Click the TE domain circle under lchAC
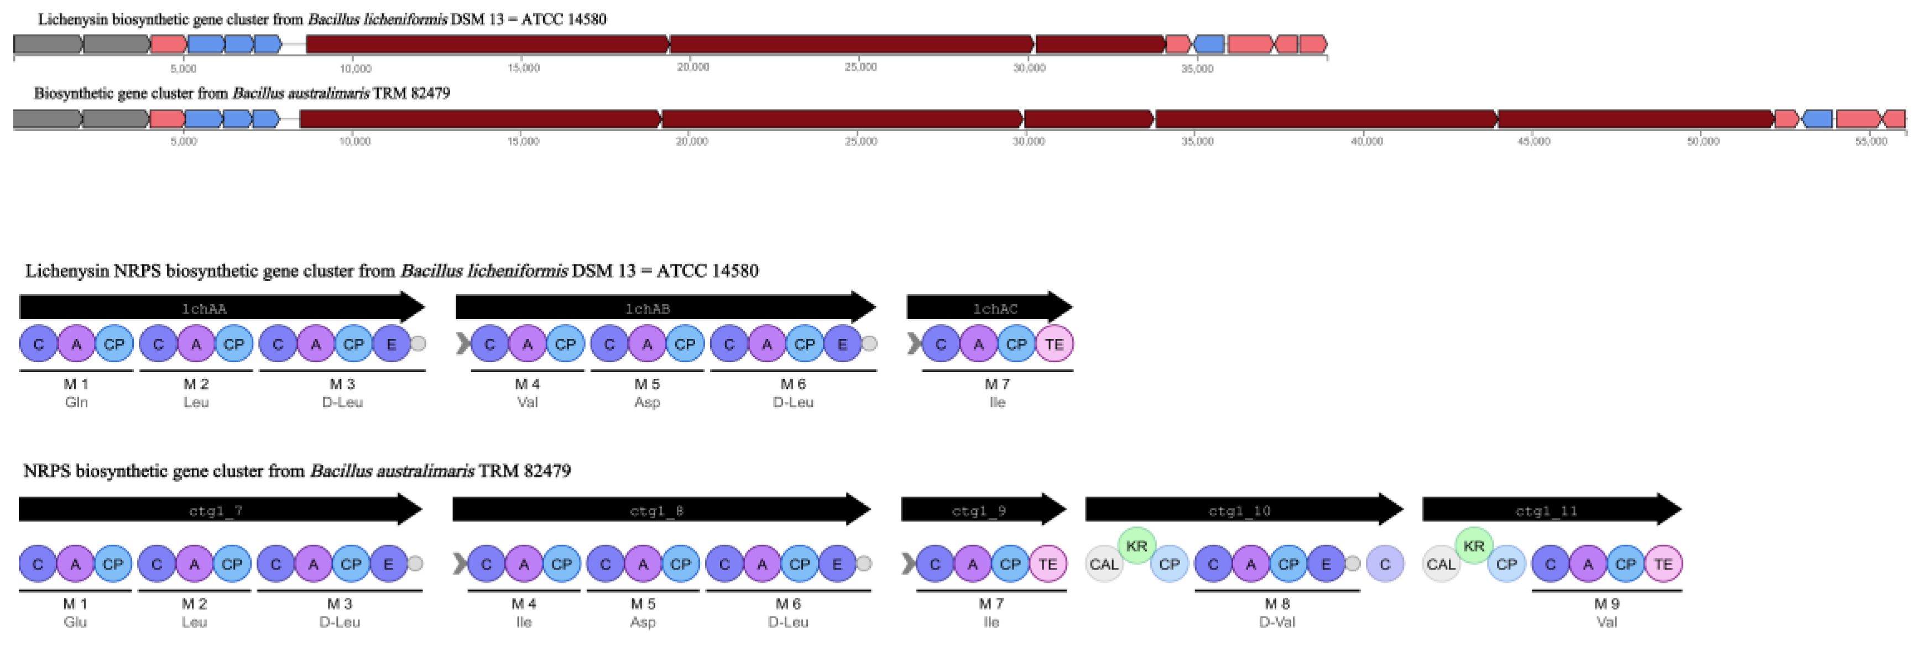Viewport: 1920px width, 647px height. click(x=1054, y=345)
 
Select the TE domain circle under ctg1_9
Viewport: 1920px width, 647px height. click(x=1048, y=564)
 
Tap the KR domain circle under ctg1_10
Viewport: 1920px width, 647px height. click(x=1136, y=546)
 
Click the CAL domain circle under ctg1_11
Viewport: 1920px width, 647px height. click(x=1441, y=564)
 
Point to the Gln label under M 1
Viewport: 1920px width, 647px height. click(x=76, y=403)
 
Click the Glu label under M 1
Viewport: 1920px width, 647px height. click(x=75, y=623)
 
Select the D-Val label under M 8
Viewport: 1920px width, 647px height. click(x=1277, y=623)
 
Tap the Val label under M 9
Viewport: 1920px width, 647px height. click(x=1607, y=623)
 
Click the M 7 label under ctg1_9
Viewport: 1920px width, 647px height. click(x=990, y=604)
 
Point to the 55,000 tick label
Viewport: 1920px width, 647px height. click(x=1871, y=142)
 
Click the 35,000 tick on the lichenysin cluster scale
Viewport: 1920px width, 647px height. click(x=1197, y=69)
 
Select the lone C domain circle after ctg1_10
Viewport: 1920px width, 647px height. click(x=1385, y=564)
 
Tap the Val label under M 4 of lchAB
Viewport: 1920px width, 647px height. click(x=527, y=403)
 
